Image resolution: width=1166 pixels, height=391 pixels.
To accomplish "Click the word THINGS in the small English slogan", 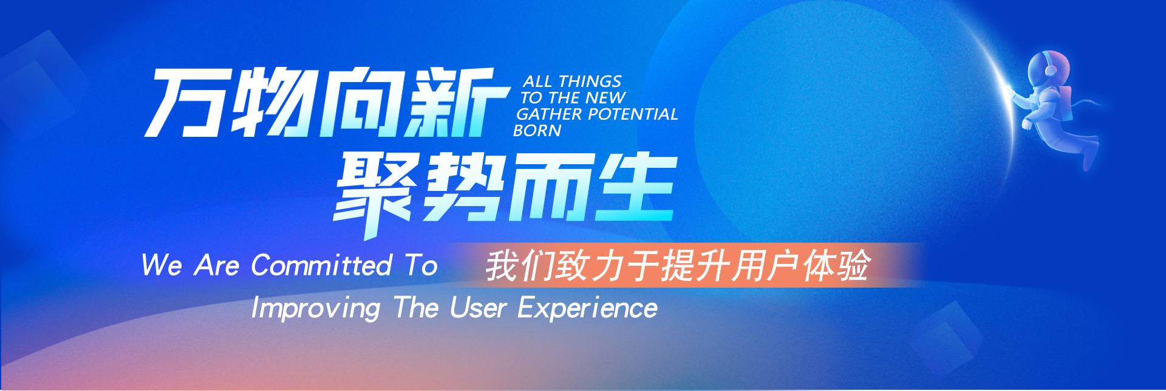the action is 590,81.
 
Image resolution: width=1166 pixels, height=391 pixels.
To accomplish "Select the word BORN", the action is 537,131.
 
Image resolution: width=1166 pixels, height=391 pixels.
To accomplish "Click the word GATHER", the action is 549,114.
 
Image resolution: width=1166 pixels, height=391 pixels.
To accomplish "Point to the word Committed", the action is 321,266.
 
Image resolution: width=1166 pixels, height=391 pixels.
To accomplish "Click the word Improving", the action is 316,308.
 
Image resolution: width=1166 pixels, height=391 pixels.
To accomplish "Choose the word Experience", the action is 587,308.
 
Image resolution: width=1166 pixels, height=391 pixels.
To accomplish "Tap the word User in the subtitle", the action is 478,308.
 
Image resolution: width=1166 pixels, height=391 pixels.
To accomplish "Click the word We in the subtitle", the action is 162,266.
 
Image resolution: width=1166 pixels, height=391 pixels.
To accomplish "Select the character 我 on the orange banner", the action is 502,265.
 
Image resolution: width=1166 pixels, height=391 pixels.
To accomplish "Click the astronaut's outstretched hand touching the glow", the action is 1013,92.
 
